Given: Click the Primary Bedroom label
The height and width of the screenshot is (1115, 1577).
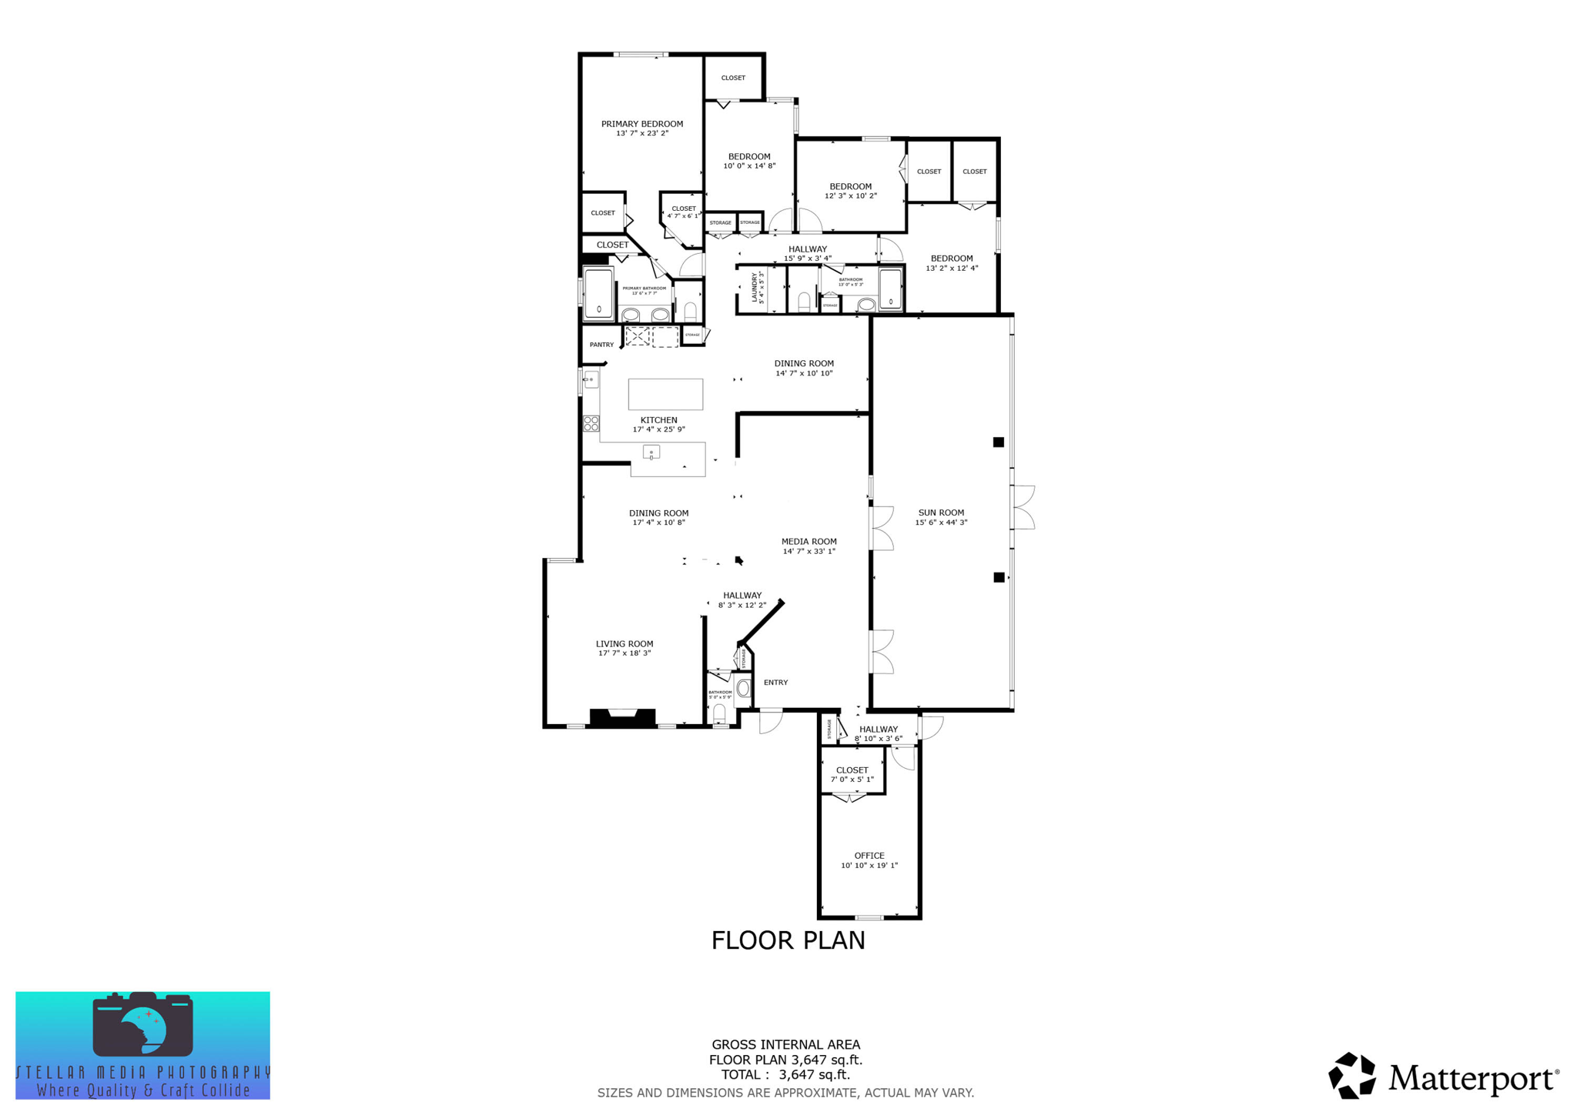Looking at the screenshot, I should [641, 124].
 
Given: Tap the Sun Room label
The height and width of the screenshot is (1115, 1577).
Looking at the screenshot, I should [941, 512].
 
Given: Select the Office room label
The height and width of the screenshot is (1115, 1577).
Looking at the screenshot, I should [869, 856].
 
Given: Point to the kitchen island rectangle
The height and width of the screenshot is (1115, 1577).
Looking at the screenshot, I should [665, 394].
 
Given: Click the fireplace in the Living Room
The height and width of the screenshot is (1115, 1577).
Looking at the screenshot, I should [622, 717].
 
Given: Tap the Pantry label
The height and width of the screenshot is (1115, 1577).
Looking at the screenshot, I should [601, 345].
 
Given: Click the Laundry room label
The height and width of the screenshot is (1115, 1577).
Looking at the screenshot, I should [755, 287].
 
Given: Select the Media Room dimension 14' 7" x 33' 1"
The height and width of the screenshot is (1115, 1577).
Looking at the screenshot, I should [809, 551].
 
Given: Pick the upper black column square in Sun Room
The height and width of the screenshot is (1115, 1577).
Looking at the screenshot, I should [998, 442].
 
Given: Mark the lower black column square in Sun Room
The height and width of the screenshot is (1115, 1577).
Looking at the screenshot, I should [999, 577].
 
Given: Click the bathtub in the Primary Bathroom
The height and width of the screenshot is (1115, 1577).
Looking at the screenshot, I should [599, 293].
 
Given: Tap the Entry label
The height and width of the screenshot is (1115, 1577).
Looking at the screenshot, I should [775, 683].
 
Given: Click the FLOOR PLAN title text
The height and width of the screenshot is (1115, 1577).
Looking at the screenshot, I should [788, 940].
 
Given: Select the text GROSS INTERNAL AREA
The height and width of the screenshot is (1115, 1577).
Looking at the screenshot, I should [785, 1044].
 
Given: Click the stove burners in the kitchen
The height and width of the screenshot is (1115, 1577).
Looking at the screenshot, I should [591, 422].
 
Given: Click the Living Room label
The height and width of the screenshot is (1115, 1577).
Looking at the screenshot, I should [624, 644].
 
